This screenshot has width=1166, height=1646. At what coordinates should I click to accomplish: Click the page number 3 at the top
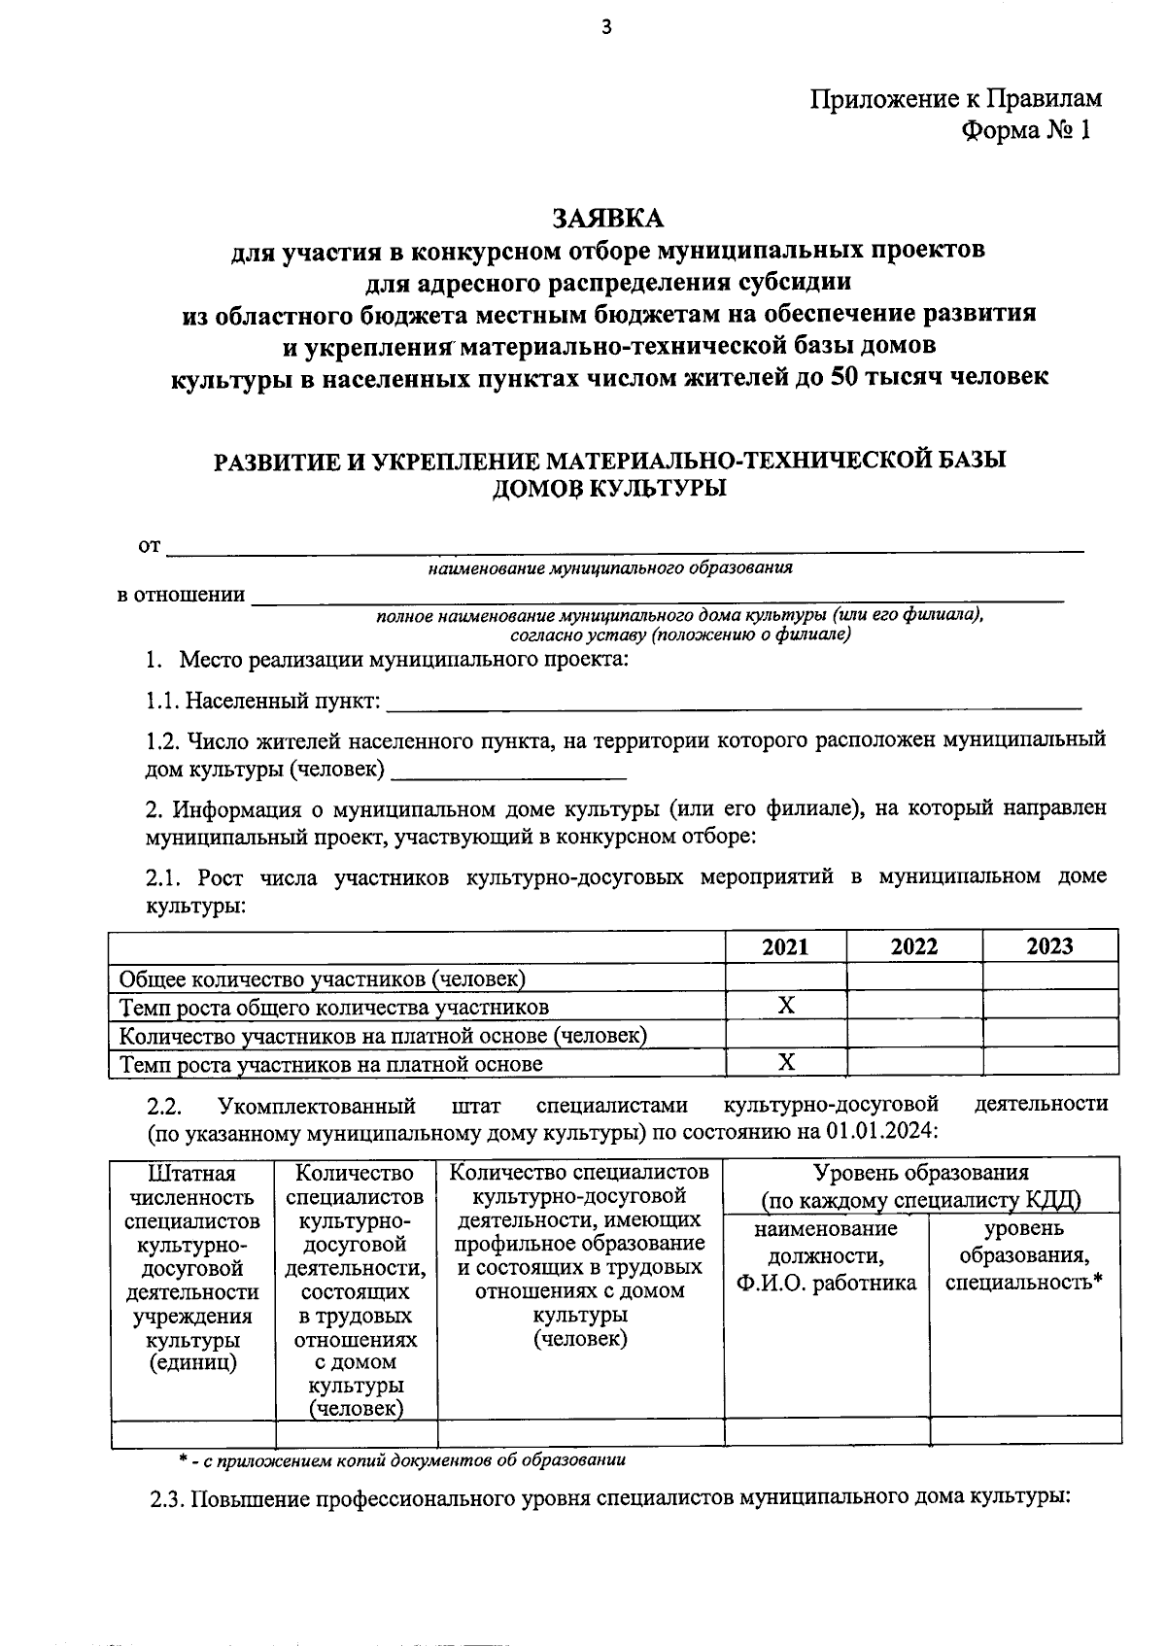tap(606, 27)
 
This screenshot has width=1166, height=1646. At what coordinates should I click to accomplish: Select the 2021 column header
tap(785, 946)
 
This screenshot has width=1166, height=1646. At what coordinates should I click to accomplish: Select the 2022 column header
tap(913, 946)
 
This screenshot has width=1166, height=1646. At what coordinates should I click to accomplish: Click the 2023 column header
tap(1049, 946)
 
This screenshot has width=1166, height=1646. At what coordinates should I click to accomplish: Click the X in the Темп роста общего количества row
tap(786, 1006)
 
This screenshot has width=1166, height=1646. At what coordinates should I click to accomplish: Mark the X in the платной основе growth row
tap(786, 1063)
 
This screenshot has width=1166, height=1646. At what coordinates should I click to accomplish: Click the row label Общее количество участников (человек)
tap(323, 977)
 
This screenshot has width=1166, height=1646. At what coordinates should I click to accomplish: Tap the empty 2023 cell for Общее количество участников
tap(1049, 977)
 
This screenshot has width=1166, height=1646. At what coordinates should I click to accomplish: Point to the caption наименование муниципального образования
tap(610, 568)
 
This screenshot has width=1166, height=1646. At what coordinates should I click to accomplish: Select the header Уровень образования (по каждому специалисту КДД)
tap(921, 1186)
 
